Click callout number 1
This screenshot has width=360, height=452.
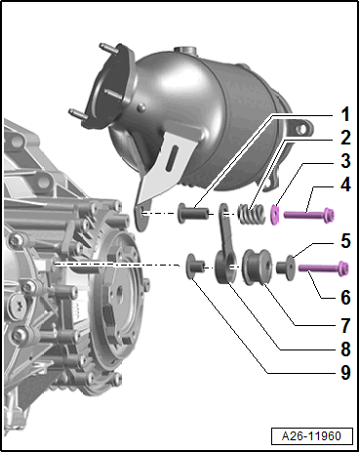[x=345, y=114]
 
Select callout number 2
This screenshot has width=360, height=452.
[x=345, y=138]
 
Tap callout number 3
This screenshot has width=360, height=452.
[x=345, y=161]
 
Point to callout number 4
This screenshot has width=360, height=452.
[x=345, y=185]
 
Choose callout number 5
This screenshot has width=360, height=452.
[x=345, y=241]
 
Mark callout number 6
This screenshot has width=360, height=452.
[x=345, y=297]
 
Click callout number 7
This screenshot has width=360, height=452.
[x=345, y=325]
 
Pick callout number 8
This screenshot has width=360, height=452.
[x=345, y=349]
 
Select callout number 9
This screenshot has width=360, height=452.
[x=345, y=372]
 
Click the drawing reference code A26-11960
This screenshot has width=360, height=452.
[x=311, y=435]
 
